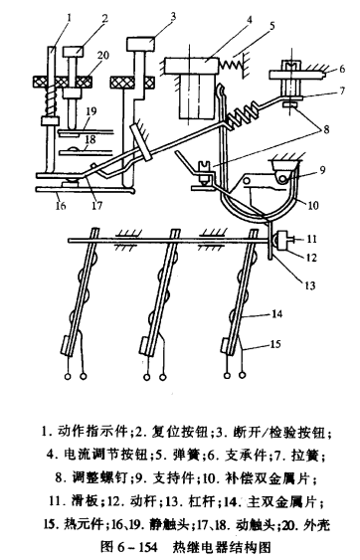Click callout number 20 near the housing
pyautogui.click(x=102, y=56)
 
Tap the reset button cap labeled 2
pyautogui.click(x=74, y=52)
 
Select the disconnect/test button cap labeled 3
pyautogui.click(x=141, y=44)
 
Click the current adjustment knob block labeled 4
pyautogui.click(x=191, y=67)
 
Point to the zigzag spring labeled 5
pyautogui.click(x=231, y=65)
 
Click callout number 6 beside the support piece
pyautogui.click(x=342, y=69)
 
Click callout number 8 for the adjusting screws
pyautogui.click(x=326, y=129)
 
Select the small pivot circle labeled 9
pyautogui.click(x=283, y=178)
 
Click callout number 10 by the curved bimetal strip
pyautogui.click(x=313, y=205)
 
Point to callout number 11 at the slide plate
pyautogui.click(x=312, y=238)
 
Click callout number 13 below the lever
pyautogui.click(x=309, y=285)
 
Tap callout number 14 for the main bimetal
pyautogui.click(x=277, y=314)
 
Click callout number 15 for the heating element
pyautogui.click(x=275, y=344)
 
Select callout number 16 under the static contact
pyautogui.click(x=61, y=205)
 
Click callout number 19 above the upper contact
pyautogui.click(x=91, y=111)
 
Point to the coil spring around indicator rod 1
pyautogui.click(x=50, y=101)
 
